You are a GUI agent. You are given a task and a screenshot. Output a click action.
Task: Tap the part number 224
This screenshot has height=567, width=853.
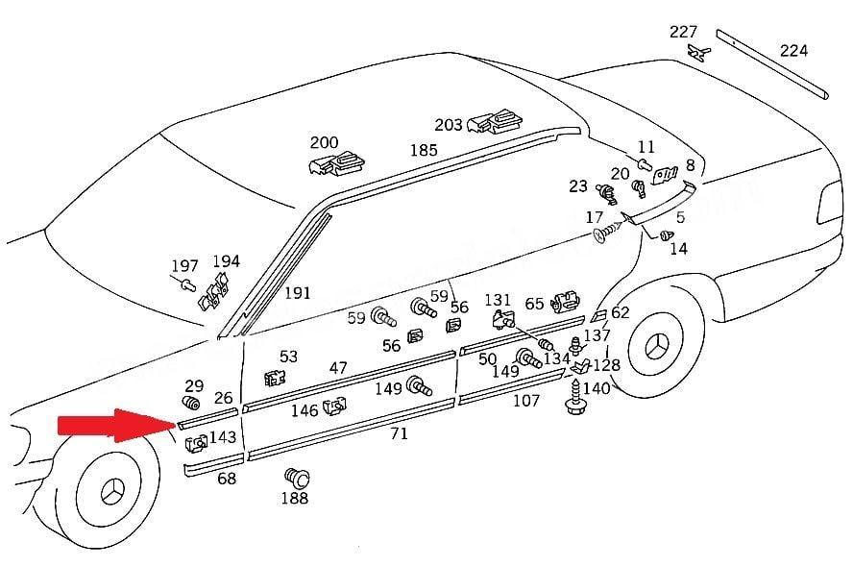point(793,50)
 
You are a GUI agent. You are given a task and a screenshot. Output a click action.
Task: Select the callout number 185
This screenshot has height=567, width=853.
point(423,150)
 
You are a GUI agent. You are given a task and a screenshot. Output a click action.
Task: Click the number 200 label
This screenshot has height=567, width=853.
point(324,143)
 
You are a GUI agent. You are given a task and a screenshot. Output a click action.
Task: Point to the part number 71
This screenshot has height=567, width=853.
point(399,433)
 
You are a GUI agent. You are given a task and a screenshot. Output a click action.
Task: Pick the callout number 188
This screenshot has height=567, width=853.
point(294,498)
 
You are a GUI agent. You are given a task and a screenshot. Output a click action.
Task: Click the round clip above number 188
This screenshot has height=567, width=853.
point(294,477)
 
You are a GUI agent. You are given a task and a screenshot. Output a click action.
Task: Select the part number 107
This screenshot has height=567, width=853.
point(525,400)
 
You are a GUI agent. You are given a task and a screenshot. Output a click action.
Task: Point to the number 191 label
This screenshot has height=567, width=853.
point(298,292)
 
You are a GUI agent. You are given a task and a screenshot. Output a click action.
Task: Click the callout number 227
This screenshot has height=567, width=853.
point(683,32)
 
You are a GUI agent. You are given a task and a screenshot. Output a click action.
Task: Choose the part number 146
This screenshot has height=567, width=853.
point(305,410)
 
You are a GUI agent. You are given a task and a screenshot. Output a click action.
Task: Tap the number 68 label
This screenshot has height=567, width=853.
point(227,478)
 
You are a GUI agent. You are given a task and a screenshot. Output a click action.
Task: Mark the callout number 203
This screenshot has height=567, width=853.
point(449,125)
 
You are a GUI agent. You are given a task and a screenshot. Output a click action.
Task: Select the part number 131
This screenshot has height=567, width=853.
point(498,301)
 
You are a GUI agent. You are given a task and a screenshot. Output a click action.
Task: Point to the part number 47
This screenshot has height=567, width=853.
point(338,368)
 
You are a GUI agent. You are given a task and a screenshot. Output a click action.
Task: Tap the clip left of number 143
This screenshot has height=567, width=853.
point(196,443)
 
